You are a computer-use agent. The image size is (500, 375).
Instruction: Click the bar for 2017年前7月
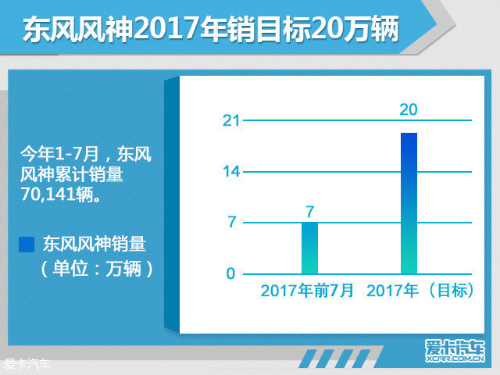click(309, 248)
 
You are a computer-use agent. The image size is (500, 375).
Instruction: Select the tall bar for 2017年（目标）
click(409, 203)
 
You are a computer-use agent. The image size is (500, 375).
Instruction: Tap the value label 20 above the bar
click(409, 109)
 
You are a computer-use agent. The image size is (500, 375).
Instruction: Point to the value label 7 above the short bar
click(310, 212)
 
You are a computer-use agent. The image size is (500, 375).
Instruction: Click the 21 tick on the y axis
click(231, 120)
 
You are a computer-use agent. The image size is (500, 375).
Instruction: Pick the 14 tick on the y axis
click(231, 172)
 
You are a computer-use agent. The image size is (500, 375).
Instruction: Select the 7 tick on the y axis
click(232, 222)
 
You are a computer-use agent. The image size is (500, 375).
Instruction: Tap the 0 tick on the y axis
click(230, 273)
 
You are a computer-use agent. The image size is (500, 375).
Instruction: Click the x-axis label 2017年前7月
click(307, 291)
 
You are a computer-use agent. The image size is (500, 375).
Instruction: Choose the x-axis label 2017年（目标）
click(420, 291)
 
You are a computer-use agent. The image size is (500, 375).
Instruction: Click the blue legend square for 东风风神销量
click(27, 245)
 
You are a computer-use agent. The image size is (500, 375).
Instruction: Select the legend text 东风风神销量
click(95, 245)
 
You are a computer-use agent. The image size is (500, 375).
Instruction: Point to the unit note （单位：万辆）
click(97, 269)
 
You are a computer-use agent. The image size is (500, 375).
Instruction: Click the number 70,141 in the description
click(48, 194)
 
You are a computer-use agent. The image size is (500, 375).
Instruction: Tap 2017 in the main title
click(168, 30)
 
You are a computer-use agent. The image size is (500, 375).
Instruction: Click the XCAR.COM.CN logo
click(455, 351)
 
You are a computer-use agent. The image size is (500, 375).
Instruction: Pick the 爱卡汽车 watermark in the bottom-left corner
click(27, 364)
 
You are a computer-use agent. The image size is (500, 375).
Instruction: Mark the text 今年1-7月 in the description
click(59, 155)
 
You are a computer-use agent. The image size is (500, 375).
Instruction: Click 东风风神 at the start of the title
click(78, 30)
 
